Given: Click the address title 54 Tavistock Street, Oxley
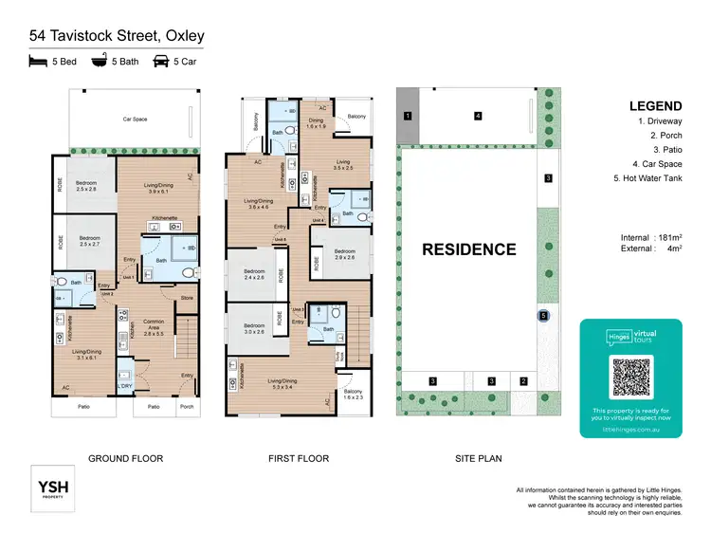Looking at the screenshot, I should point(117,36).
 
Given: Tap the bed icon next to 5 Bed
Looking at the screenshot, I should point(39,62).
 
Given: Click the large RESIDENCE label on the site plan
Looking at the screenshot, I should point(469,250).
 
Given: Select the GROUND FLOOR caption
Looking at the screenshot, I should point(125,459).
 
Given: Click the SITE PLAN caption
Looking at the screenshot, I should point(478,459).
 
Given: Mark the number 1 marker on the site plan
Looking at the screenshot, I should point(407,116).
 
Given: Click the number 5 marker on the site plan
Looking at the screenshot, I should point(542,316).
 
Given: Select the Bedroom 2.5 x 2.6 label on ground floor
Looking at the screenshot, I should point(87,185).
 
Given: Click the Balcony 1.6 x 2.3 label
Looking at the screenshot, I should point(353,395).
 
